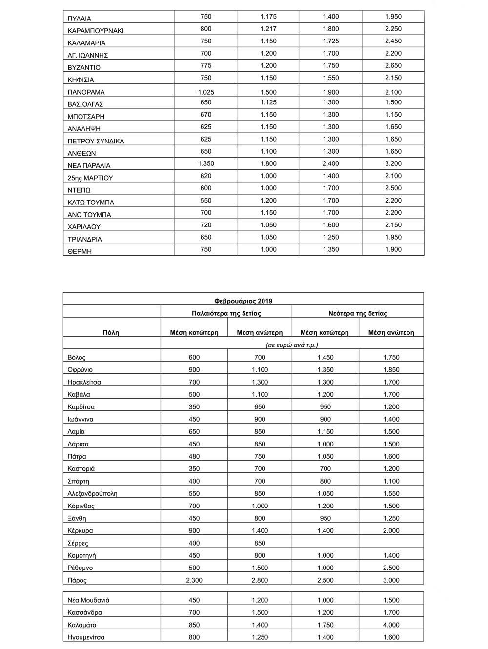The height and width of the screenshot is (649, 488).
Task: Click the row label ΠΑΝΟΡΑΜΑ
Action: point(86,92)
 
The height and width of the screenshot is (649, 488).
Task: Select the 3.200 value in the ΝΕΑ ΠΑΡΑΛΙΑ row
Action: point(393,163)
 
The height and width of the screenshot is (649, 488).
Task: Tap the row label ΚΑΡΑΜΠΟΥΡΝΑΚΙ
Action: point(96,31)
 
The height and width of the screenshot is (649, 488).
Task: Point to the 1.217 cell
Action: point(268,29)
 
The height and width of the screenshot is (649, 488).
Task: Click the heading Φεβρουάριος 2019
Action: point(243,301)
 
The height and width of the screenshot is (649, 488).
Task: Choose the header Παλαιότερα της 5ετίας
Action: point(226,313)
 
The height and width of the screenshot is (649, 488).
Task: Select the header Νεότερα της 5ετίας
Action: point(358,313)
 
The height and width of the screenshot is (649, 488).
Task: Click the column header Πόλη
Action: point(111,332)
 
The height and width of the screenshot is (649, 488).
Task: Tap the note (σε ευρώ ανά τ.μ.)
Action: point(292,345)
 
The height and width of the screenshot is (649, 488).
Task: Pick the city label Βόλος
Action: point(77,358)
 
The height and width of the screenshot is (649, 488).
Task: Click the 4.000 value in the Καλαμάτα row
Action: point(391,625)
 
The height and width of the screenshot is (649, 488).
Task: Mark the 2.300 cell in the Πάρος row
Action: point(194,580)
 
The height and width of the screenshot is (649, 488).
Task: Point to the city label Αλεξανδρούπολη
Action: point(93,493)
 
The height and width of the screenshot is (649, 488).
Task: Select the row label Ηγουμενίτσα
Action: point(86,637)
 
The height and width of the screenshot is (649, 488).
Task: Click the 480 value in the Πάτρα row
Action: point(194,456)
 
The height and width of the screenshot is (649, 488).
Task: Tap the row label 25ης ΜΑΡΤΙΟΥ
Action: point(90,178)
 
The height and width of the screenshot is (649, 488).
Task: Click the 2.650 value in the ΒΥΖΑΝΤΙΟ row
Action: point(393,65)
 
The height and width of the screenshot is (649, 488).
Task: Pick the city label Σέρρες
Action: point(78,543)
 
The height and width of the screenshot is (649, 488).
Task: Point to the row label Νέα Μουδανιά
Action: point(89,600)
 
